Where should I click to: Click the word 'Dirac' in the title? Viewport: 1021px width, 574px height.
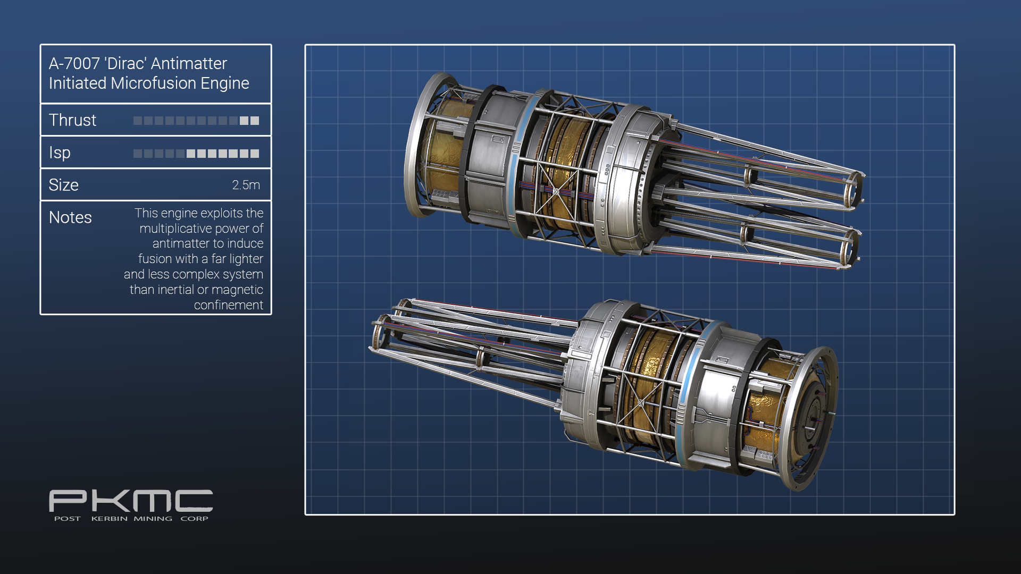[125, 63]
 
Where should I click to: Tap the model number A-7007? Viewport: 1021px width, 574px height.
[74, 63]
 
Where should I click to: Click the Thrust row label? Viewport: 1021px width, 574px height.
[72, 120]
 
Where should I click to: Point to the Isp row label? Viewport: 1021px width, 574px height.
[60, 153]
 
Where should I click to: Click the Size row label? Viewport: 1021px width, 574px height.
[63, 185]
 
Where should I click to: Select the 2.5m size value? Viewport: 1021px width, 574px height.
[246, 185]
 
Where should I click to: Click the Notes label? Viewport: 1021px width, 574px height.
[70, 217]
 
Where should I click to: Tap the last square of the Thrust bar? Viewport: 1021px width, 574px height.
[255, 121]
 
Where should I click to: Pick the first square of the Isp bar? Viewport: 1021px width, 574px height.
[138, 154]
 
